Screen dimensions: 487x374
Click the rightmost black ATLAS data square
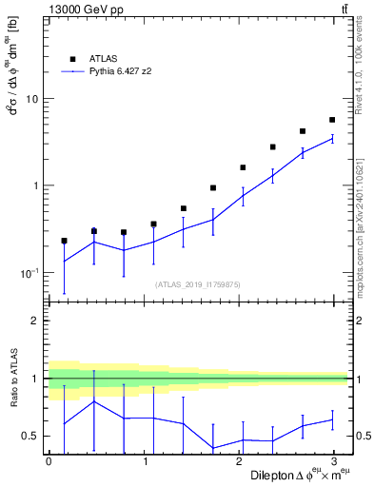(331, 120)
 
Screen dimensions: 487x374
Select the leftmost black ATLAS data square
(64, 241)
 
